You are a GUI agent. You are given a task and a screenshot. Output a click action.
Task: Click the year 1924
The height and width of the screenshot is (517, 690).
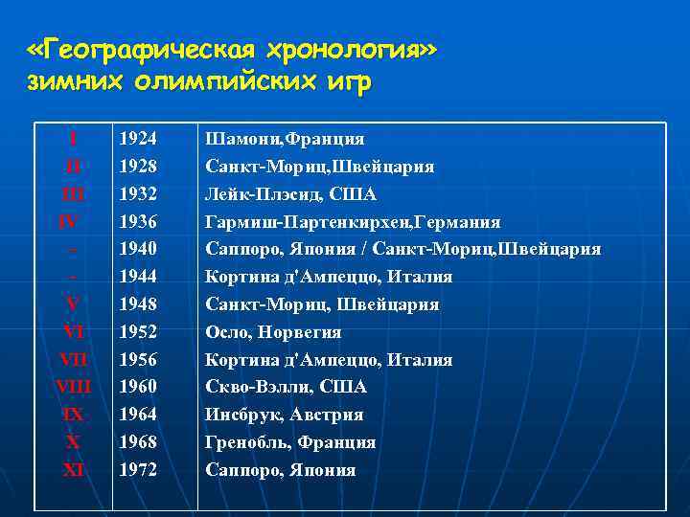[138, 139]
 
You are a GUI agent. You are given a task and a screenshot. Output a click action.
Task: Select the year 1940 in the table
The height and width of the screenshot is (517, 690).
[138, 249]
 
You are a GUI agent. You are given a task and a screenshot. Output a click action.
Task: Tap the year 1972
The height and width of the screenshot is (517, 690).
[138, 470]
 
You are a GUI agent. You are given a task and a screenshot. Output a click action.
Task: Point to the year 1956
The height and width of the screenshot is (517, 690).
[138, 360]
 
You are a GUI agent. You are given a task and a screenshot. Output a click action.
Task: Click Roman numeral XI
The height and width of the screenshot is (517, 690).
[73, 470]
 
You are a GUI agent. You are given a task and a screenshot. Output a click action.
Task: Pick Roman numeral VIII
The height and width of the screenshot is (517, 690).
[73, 387]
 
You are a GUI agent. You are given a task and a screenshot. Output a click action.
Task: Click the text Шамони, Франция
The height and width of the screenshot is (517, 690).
[285, 139]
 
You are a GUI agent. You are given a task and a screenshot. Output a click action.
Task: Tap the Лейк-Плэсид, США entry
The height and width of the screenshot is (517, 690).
[291, 194]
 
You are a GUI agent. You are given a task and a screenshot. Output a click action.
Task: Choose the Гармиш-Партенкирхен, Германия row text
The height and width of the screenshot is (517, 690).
[353, 222]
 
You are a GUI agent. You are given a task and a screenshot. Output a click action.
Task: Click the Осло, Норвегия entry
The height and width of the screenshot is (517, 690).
[273, 332]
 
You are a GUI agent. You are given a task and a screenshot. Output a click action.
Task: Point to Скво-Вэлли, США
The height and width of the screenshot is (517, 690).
[286, 387]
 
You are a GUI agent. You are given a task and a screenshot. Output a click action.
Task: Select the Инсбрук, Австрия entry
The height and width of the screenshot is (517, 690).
[284, 415]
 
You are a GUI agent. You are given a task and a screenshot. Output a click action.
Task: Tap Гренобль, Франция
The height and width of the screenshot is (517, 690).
[290, 442]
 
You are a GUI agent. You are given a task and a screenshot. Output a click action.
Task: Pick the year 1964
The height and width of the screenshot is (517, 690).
[138, 415]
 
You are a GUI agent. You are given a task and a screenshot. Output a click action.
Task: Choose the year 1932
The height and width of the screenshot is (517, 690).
[138, 194]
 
